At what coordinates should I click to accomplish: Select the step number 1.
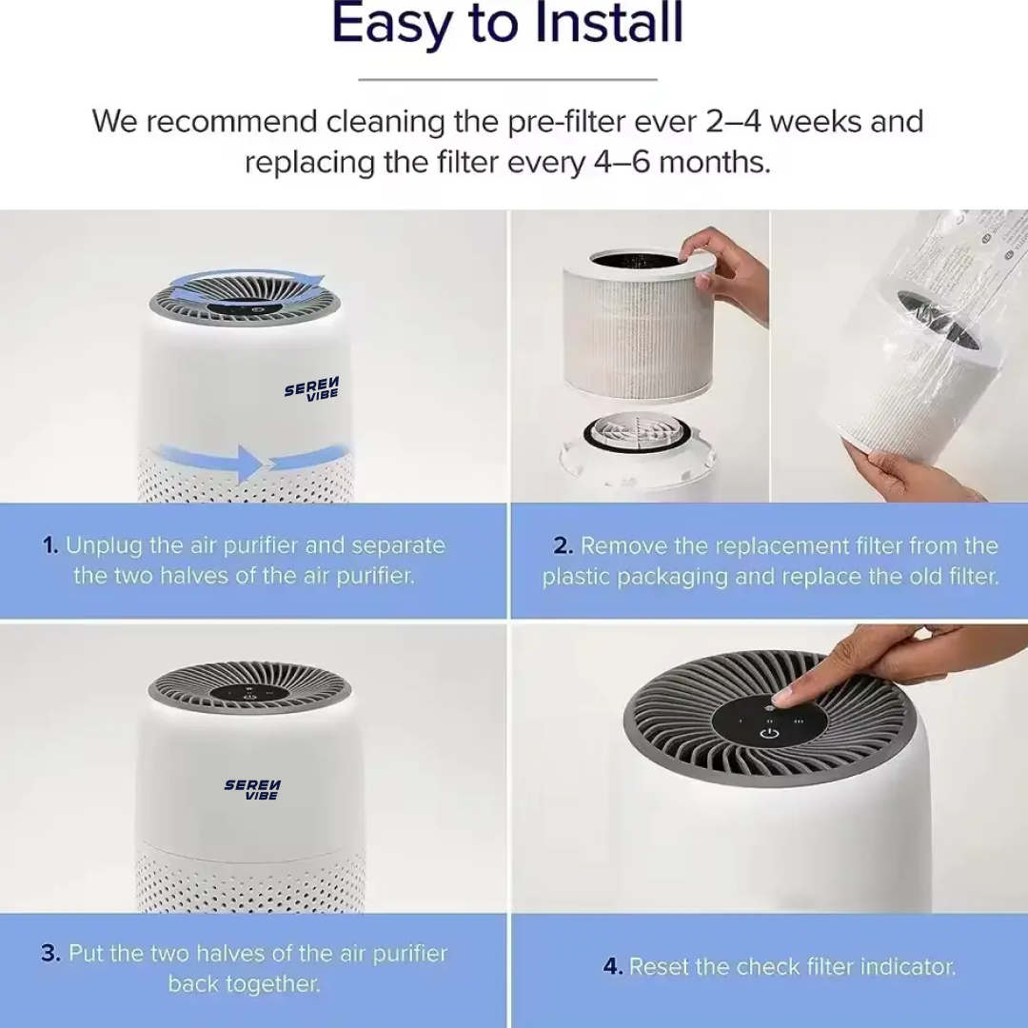(x=49, y=545)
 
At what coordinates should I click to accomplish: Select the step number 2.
(x=563, y=546)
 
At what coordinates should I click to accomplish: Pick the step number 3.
(x=50, y=953)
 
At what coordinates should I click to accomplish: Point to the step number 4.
(x=612, y=967)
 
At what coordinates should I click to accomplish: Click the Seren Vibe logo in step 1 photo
(x=312, y=388)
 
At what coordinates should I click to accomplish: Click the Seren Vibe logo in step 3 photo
(x=252, y=790)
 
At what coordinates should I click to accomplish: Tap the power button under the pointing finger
(x=770, y=732)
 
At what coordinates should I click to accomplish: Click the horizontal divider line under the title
(x=507, y=79)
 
